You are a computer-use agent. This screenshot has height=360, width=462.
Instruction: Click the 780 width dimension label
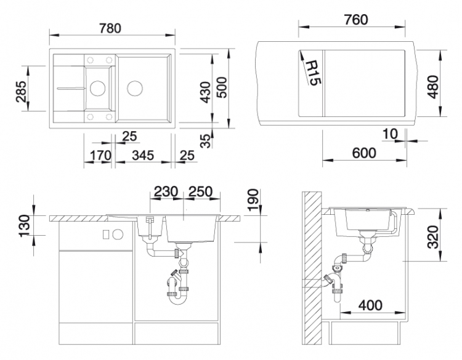coord(110,28)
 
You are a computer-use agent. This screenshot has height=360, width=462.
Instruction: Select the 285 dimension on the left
coord(22,91)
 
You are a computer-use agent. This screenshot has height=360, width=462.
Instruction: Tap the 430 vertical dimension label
coord(205,92)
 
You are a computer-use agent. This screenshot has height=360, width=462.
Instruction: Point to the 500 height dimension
coord(222,87)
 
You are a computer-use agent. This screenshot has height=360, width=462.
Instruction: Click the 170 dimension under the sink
coord(100,155)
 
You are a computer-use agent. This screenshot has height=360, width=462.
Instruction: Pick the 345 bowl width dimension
coord(143,155)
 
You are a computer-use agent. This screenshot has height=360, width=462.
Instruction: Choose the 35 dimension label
coord(206,140)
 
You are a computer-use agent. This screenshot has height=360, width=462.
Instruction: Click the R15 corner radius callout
coord(313,73)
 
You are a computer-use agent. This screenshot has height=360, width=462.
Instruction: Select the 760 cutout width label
coord(356,20)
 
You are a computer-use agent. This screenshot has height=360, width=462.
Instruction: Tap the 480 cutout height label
coord(433,87)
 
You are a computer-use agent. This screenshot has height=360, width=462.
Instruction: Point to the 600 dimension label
coord(364,153)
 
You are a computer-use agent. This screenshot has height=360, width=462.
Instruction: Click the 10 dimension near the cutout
coord(390,134)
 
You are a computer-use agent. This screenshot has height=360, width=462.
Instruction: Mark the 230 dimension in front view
coord(166,191)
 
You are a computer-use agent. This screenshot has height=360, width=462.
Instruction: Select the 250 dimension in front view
coord(200,191)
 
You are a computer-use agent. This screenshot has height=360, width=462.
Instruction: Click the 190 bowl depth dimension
coord(253,200)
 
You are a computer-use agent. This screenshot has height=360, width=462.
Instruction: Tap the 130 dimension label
coord(24,226)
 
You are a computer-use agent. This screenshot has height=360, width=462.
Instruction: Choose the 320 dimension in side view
coord(433,237)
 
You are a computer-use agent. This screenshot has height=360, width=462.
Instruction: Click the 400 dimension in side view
coord(370,305)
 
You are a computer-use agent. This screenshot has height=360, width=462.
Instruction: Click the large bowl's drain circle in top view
coord(136,88)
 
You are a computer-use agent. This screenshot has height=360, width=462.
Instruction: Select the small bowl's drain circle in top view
coord(97,88)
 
